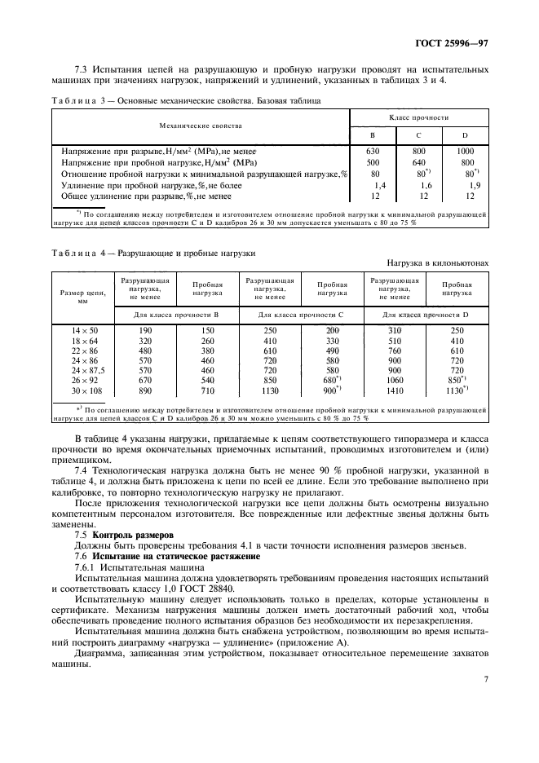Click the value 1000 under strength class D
pos(465,151)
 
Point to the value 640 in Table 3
pos(418,162)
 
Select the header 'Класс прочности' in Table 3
pos(419,118)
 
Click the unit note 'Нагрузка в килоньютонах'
pos(438,263)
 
